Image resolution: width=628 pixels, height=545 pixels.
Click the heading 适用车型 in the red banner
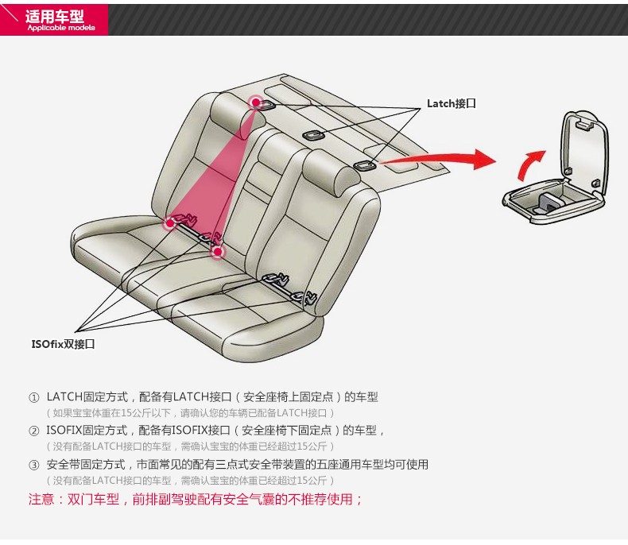(54, 15)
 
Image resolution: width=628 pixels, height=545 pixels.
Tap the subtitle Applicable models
(60, 28)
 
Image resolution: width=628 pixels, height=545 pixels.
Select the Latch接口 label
(451, 104)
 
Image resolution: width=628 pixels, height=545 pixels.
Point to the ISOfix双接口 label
(64, 344)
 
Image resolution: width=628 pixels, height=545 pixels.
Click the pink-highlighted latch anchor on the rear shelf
(256, 102)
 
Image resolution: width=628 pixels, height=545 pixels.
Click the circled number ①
(33, 397)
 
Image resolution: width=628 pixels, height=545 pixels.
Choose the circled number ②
(33, 431)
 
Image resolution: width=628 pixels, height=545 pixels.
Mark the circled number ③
(33, 465)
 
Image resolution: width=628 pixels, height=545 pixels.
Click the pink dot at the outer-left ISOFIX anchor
(169, 223)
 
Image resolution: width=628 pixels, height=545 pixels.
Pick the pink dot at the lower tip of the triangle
(218, 252)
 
